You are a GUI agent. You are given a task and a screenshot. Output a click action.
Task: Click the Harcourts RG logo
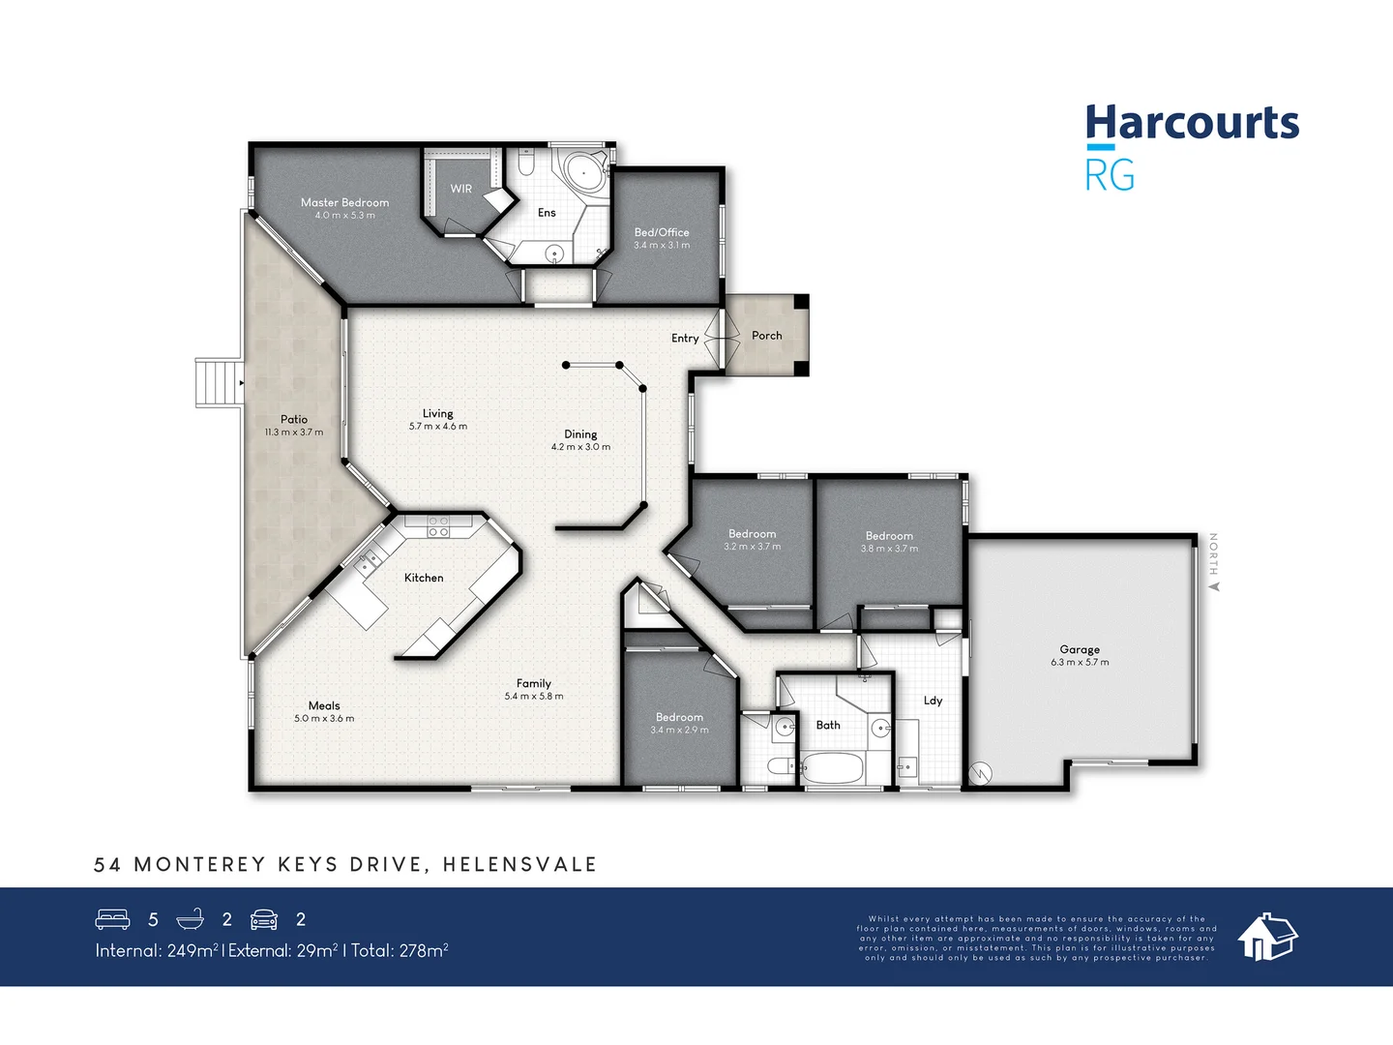pos(1191,147)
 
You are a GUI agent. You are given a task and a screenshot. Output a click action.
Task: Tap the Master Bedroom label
pos(344,202)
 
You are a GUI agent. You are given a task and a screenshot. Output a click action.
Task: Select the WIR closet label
pos(461,189)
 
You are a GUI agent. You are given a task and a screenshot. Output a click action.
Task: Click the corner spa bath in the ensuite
pos(584,173)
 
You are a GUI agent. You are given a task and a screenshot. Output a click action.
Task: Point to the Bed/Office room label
pos(662,232)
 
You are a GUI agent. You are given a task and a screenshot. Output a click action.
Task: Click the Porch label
pos(766,336)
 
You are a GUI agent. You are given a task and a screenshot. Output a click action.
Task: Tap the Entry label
pos(685,339)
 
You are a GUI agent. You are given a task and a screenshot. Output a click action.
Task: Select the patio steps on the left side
pos(218,382)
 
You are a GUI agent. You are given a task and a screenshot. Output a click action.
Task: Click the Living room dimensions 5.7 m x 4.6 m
pos(437,427)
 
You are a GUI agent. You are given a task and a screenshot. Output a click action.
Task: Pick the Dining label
pos(580,434)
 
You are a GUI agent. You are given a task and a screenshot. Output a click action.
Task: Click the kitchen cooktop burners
pos(438,526)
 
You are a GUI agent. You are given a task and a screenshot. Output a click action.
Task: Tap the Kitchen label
pos(424,578)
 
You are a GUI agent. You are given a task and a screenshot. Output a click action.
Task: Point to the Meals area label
pos(324,705)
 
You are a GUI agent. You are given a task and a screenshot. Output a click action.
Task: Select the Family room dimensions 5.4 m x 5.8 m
pos(533,697)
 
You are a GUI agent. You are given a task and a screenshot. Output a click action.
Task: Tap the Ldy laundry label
pos(933,701)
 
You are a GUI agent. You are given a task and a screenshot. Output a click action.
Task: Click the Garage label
pos(1080,649)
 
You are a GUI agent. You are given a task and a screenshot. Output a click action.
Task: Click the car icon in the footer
pos(264,919)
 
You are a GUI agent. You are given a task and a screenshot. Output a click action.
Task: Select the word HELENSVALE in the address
pos(519,864)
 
